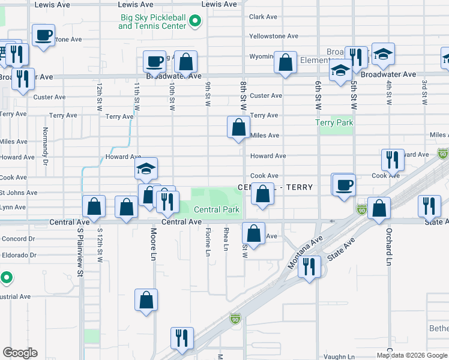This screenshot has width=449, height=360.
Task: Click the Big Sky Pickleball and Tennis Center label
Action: click(152, 22)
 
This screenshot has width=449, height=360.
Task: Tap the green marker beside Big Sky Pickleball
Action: click(194, 22)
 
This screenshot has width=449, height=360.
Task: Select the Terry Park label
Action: click(334, 123)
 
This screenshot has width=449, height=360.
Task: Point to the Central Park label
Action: click(216, 209)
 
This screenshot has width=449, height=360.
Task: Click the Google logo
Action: click(20, 353)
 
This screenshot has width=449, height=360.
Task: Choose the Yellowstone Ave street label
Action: click(274, 36)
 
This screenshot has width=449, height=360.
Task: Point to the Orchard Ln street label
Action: click(388, 245)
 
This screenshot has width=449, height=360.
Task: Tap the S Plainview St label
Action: click(79, 252)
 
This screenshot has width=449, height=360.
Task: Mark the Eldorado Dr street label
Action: click(18, 255)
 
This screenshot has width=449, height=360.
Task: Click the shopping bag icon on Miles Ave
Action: click(238, 127)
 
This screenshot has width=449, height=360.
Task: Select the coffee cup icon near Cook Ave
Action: click(344, 184)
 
